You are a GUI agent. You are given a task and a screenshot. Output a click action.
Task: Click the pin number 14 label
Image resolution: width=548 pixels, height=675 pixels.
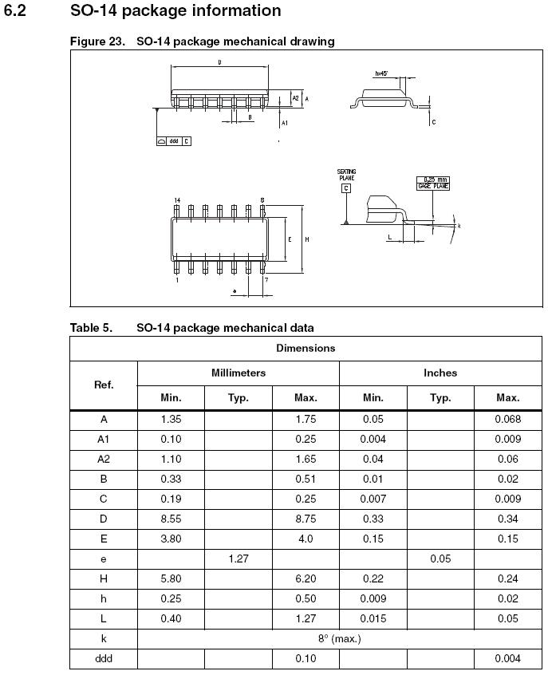[176, 199]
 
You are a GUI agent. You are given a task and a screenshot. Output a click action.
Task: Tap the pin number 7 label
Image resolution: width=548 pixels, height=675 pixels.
[266, 280]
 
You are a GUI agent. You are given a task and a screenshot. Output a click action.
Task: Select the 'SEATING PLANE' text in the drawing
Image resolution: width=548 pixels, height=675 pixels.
[346, 174]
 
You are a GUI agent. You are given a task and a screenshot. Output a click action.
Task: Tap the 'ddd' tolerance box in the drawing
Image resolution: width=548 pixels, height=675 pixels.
[174, 140]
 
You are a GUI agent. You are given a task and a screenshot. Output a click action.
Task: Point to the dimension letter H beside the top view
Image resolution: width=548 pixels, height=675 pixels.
[306, 239]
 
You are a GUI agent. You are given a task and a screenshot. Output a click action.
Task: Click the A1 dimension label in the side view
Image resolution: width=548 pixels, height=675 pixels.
[285, 124]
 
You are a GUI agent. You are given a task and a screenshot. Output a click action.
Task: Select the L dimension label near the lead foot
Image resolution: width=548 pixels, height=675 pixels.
[388, 238]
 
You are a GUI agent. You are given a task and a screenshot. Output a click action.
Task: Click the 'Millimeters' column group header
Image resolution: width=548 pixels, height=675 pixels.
[239, 373]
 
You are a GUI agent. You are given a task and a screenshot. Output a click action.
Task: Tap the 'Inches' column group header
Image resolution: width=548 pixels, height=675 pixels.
[440, 373]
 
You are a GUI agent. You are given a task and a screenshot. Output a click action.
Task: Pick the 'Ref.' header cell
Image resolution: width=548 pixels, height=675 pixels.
[104, 385]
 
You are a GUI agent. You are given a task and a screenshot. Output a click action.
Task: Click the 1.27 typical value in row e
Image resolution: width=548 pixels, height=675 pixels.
[239, 559]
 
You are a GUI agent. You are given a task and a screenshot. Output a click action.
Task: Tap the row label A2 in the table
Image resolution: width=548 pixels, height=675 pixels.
[104, 460]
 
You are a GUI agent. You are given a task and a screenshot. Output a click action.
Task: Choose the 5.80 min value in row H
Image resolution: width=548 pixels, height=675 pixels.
[171, 579]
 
